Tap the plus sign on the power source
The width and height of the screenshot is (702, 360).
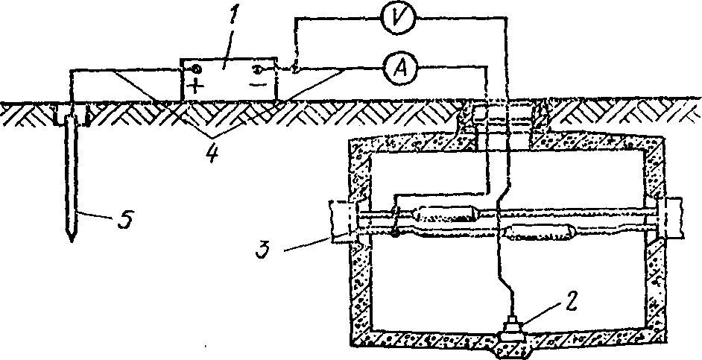click(x=197, y=84)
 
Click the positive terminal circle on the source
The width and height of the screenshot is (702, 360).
click(x=196, y=70)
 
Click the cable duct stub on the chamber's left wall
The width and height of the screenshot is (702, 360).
click(x=342, y=222)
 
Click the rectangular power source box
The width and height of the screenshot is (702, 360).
click(x=229, y=78)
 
